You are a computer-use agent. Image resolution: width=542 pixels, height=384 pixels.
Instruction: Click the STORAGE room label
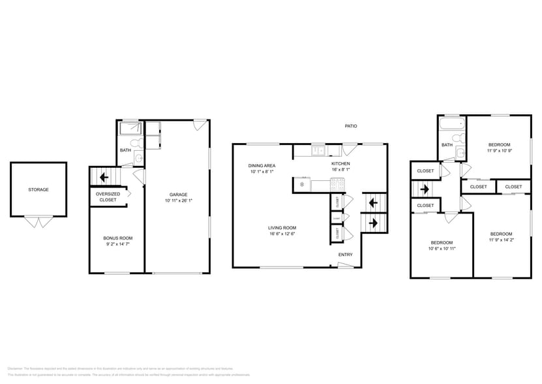[x=38, y=189]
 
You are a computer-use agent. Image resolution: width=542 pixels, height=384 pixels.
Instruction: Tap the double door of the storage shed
[x=38, y=222]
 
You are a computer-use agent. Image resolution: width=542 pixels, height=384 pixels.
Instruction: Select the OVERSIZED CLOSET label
[x=108, y=197]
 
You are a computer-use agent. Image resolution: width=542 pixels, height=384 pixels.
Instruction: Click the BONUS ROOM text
[x=117, y=238]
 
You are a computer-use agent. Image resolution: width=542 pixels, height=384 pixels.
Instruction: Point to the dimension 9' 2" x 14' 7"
[x=117, y=244]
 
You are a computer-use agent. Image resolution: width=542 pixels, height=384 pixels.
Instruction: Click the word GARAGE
[x=179, y=195]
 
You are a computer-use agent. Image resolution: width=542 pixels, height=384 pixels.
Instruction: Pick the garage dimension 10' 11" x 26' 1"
[x=179, y=201]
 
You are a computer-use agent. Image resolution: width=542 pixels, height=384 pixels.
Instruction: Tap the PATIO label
[x=351, y=126]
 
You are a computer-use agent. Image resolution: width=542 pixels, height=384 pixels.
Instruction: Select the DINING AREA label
[x=261, y=165]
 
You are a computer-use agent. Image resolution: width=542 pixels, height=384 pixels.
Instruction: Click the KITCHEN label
[x=340, y=163]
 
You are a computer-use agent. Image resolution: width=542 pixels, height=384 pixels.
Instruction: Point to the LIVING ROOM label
[x=281, y=228]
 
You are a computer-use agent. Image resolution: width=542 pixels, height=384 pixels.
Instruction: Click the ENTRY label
[x=345, y=255]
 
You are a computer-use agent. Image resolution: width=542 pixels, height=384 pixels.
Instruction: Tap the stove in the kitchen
[x=337, y=184]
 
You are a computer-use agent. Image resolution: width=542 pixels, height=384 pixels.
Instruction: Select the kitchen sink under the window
[x=318, y=151]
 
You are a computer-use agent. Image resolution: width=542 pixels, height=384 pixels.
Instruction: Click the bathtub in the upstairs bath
[x=452, y=124]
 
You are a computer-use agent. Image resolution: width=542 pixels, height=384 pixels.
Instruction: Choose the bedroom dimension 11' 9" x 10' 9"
[x=499, y=151]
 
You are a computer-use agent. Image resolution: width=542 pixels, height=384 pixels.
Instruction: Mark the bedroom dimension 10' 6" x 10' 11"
[x=441, y=248]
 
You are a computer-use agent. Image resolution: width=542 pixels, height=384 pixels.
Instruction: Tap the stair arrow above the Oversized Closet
[x=103, y=177]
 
